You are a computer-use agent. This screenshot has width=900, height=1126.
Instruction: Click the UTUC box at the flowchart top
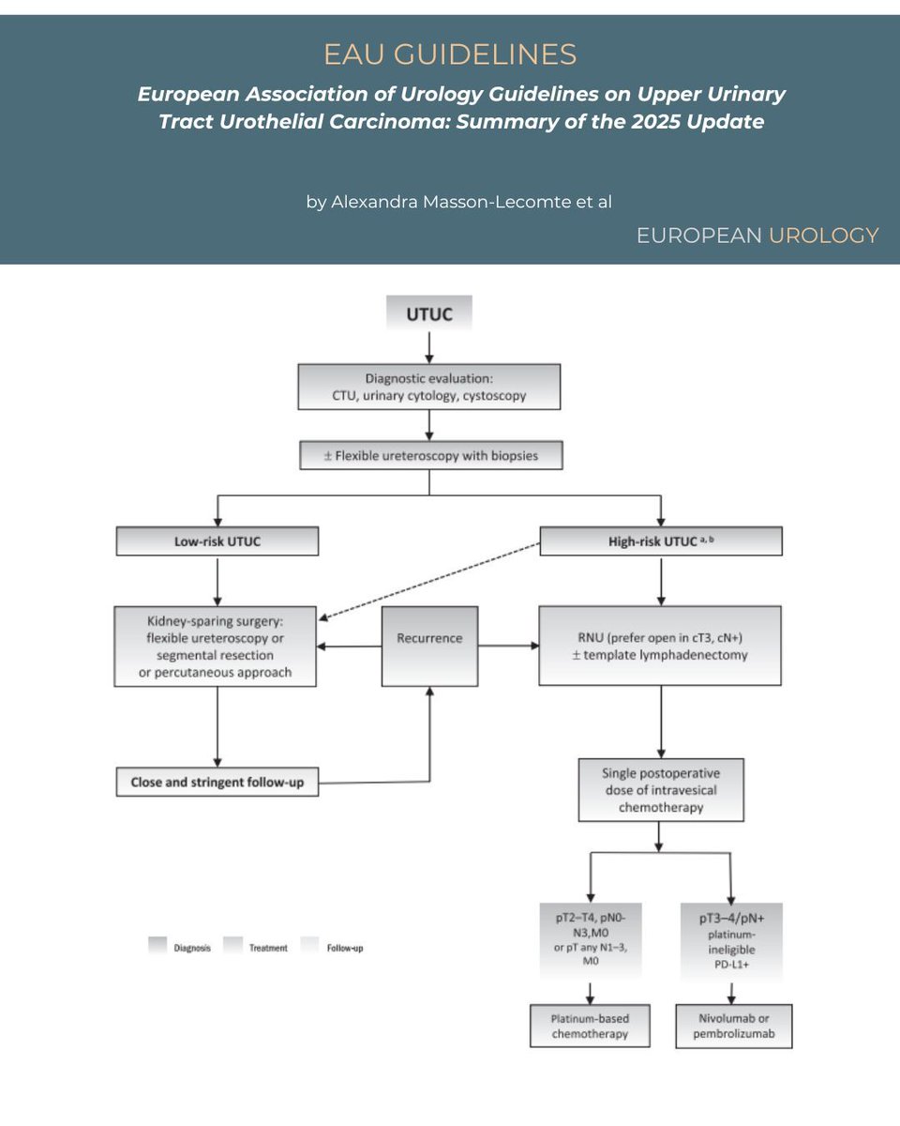[429, 314]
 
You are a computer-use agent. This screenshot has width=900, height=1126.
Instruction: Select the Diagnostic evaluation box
[429, 387]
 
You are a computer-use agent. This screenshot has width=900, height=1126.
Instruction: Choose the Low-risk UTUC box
[217, 541]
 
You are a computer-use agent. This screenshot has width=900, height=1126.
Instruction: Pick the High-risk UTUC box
[661, 541]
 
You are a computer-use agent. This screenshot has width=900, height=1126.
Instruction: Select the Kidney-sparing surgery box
[216, 646]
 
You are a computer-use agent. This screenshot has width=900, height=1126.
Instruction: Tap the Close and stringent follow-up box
[217, 782]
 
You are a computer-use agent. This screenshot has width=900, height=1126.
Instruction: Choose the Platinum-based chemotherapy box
[590, 1027]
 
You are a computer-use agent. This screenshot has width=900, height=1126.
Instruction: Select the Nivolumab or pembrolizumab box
[733, 1027]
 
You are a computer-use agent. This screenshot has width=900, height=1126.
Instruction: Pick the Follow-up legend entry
[332, 948]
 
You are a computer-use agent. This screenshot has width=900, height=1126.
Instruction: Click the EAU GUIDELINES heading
[450, 54]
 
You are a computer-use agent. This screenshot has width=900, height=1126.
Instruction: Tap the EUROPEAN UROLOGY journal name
[757, 236]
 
